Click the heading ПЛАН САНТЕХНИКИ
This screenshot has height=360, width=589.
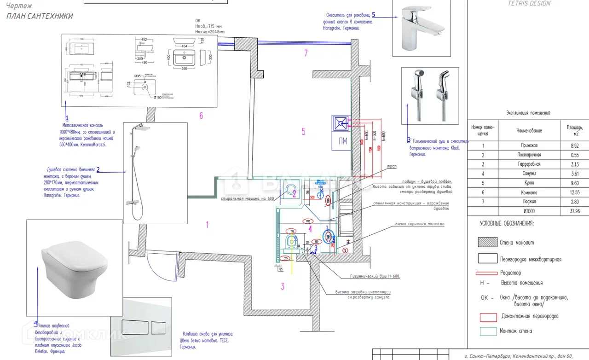pyautogui.click(x=40, y=16)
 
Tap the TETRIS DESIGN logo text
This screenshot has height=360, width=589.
pyautogui.click(x=529, y=3)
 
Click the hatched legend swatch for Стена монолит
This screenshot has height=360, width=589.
pyautogui.click(x=487, y=243)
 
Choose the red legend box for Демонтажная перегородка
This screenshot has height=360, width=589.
pyautogui.click(x=488, y=317)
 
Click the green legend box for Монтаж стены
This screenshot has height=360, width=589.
pyautogui.click(x=488, y=331)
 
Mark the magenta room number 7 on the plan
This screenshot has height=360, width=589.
pyautogui.click(x=306, y=53)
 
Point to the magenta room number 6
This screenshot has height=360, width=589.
pyautogui.click(x=201, y=116)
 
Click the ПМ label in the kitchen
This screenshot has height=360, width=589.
pyautogui.click(x=343, y=141)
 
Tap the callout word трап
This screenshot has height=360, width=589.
pyautogui.click(x=393, y=166)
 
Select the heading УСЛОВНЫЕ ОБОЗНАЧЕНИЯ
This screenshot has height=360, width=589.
pyautogui.click(x=507, y=223)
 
